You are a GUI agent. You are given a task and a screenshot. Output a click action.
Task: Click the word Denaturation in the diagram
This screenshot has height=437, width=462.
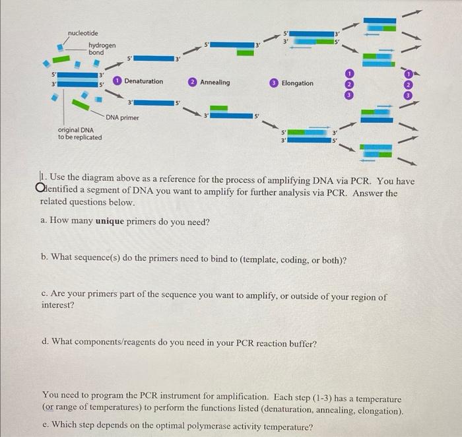point(143,81)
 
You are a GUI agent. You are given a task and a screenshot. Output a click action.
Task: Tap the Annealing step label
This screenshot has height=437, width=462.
point(214,83)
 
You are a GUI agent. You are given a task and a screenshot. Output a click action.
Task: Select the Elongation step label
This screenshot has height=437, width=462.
point(297,83)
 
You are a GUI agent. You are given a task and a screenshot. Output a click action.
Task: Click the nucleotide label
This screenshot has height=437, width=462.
point(82,33)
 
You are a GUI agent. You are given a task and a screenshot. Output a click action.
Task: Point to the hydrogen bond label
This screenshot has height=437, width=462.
point(102,48)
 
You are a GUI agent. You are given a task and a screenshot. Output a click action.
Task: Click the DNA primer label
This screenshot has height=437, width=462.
point(122,118)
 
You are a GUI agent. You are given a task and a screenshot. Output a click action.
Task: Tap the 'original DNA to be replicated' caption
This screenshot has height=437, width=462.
point(80,133)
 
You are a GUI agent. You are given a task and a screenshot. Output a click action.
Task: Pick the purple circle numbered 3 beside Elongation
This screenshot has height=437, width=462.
point(274,83)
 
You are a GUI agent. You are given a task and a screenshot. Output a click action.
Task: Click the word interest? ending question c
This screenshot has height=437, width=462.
point(57,306)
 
